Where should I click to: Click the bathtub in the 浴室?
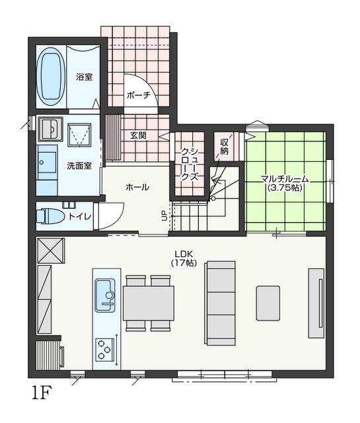(51, 77)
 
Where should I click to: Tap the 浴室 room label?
(84, 77)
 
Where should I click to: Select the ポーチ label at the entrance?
(138, 95)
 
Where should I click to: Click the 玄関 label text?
(138, 135)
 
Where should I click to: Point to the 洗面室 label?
(79, 166)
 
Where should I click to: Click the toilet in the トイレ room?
(50, 216)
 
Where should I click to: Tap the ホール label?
(137, 187)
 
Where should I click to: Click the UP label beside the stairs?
(164, 216)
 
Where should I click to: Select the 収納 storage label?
(225, 147)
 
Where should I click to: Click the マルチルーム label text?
(285, 178)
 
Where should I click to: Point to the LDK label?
(184, 254)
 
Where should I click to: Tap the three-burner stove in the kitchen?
(105, 350)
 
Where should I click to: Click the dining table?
(149, 303)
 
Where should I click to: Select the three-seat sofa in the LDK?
(221, 303)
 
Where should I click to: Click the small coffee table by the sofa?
(268, 303)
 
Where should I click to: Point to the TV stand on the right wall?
(316, 303)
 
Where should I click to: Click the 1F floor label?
(42, 393)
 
